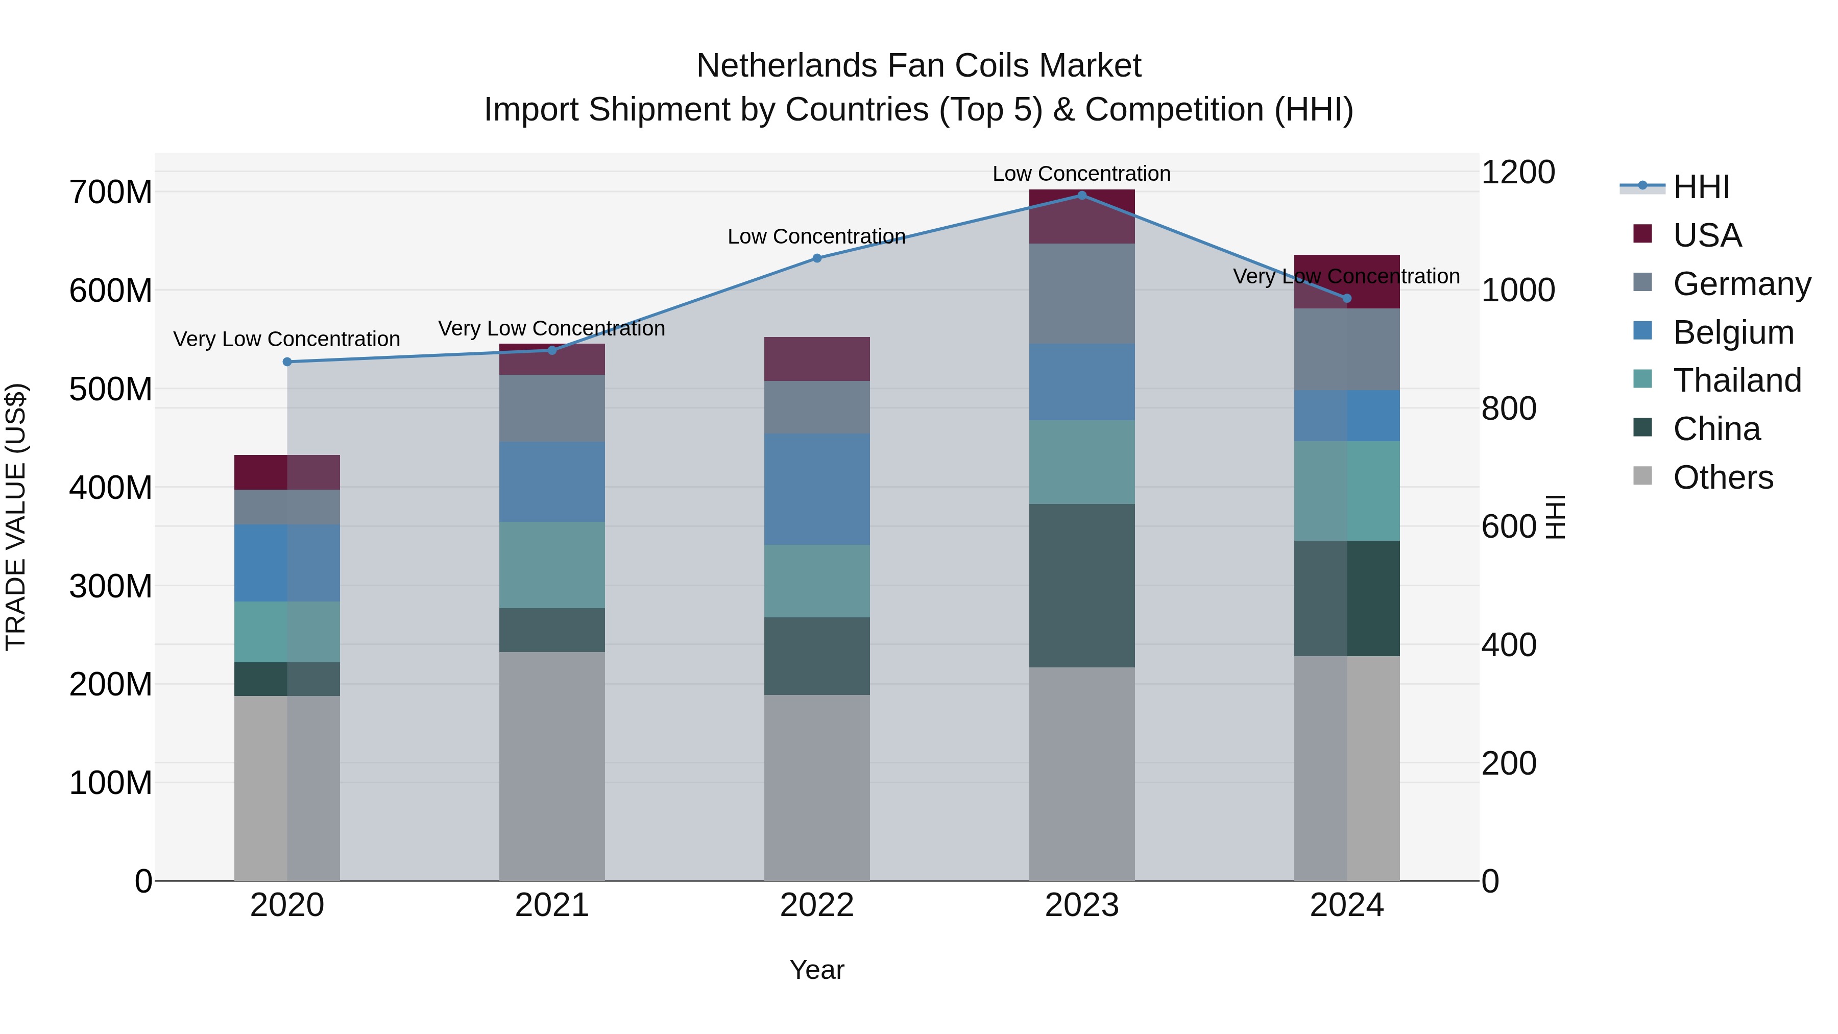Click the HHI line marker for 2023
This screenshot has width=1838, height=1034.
point(1082,196)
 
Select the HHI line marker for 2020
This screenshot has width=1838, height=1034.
point(287,362)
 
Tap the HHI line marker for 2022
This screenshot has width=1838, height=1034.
point(817,258)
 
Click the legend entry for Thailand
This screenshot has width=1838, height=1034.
point(1737,380)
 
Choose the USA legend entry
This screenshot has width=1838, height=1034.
point(1707,235)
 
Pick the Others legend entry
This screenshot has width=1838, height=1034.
point(1723,477)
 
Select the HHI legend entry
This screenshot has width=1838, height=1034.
point(1701,187)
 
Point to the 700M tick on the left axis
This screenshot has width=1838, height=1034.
point(111,192)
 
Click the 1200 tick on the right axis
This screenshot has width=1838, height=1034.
point(1518,172)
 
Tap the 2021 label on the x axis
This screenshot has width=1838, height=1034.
point(551,905)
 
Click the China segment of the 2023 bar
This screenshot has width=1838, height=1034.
point(1082,585)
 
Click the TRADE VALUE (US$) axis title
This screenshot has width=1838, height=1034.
point(16,517)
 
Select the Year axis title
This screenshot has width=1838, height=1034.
point(816,970)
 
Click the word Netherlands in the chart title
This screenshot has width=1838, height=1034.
point(786,66)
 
